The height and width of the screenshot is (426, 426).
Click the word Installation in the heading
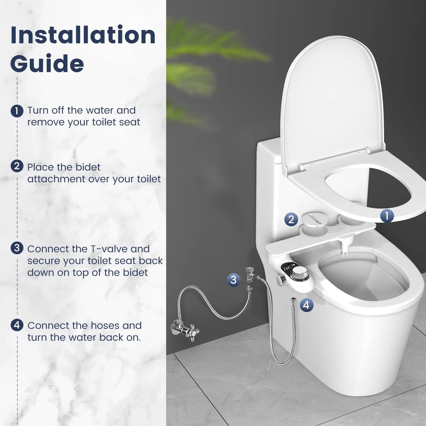pyautogui.click(x=83, y=35)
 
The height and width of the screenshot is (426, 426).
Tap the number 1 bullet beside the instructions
pyautogui.click(x=17, y=111)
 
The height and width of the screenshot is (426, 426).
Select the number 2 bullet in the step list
pyautogui.click(x=17, y=166)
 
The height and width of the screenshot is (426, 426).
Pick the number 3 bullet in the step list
pyautogui.click(x=17, y=248)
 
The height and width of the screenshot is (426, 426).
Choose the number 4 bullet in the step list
pyautogui.click(x=17, y=325)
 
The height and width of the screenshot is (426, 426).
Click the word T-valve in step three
pyautogui.click(x=109, y=249)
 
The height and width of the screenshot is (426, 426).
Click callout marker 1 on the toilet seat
pyautogui.click(x=387, y=215)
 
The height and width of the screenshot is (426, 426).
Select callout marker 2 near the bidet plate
pyautogui.click(x=291, y=219)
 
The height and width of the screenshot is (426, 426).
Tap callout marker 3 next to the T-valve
pyautogui.click(x=234, y=280)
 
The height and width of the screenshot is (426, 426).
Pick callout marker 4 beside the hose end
pyautogui.click(x=306, y=305)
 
